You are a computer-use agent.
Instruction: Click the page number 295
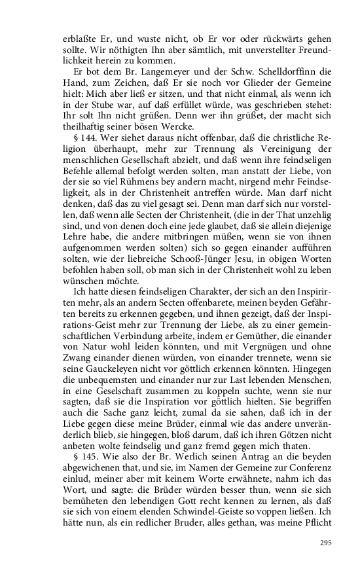click(327, 543)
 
